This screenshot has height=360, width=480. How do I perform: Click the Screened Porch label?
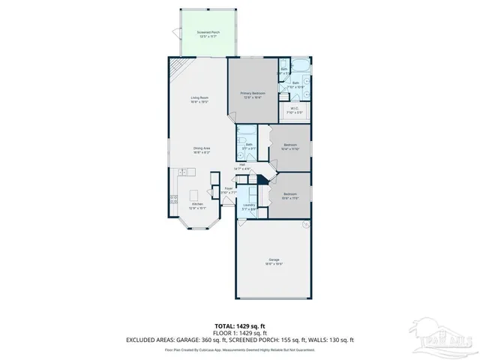pyautogui.click(x=208, y=33)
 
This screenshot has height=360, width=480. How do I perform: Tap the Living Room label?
pyautogui.click(x=199, y=98)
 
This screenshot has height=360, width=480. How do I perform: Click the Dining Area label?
pyautogui.click(x=202, y=148)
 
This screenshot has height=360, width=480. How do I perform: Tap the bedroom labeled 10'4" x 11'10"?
pyautogui.click(x=290, y=145)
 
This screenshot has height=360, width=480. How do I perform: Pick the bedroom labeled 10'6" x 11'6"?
pyautogui.click(x=290, y=196)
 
